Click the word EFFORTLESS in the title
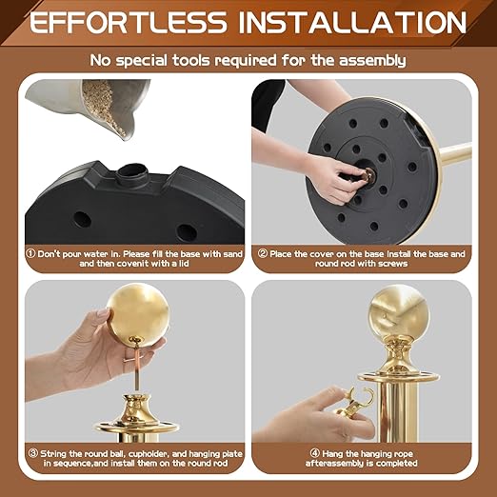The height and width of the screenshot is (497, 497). [128, 22]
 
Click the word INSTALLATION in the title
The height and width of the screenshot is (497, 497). [352, 22]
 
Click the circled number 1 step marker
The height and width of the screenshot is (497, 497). [30, 253]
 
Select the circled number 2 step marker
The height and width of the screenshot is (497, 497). [263, 253]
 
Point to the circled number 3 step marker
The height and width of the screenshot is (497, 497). [33, 453]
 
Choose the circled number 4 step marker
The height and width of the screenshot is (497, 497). [315, 453]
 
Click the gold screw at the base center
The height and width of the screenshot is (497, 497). [369, 175]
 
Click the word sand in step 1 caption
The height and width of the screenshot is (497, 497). [233, 254]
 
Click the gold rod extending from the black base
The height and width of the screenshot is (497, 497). [456, 154]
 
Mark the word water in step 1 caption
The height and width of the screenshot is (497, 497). [96, 254]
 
